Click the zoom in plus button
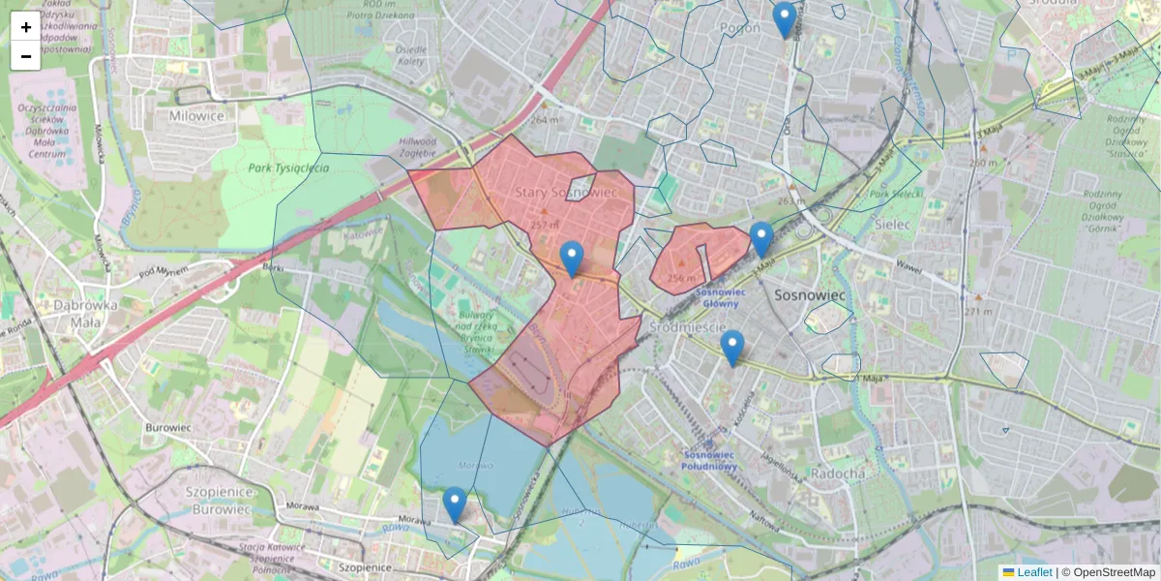pyautogui.click(x=25, y=27)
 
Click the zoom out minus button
pyautogui.click(x=25, y=56)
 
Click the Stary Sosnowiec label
pyautogui.click(x=566, y=193)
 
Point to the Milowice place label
pyautogui.click(x=196, y=116)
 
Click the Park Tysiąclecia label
pyautogui.click(x=288, y=168)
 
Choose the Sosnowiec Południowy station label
pyautogui.click(x=711, y=460)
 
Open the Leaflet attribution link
pyautogui.click(x=1033, y=572)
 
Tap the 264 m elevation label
pyautogui.click(x=545, y=120)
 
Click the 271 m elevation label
pyautogui.click(x=979, y=312)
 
